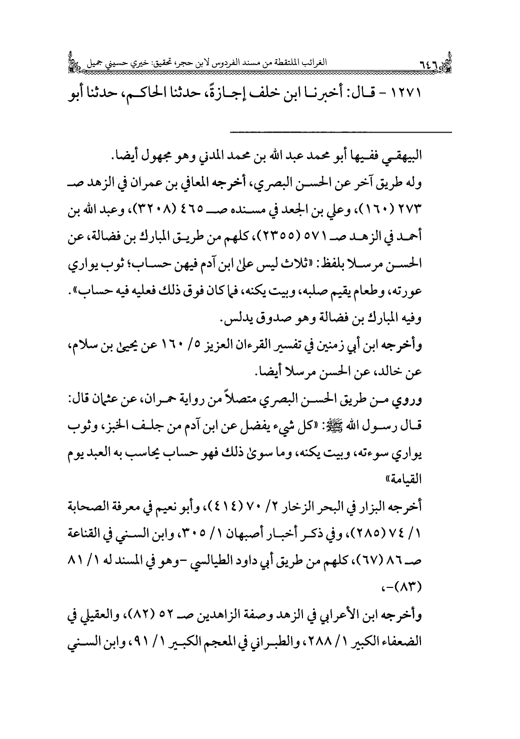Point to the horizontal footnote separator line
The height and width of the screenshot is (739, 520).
tap(340, 132)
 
